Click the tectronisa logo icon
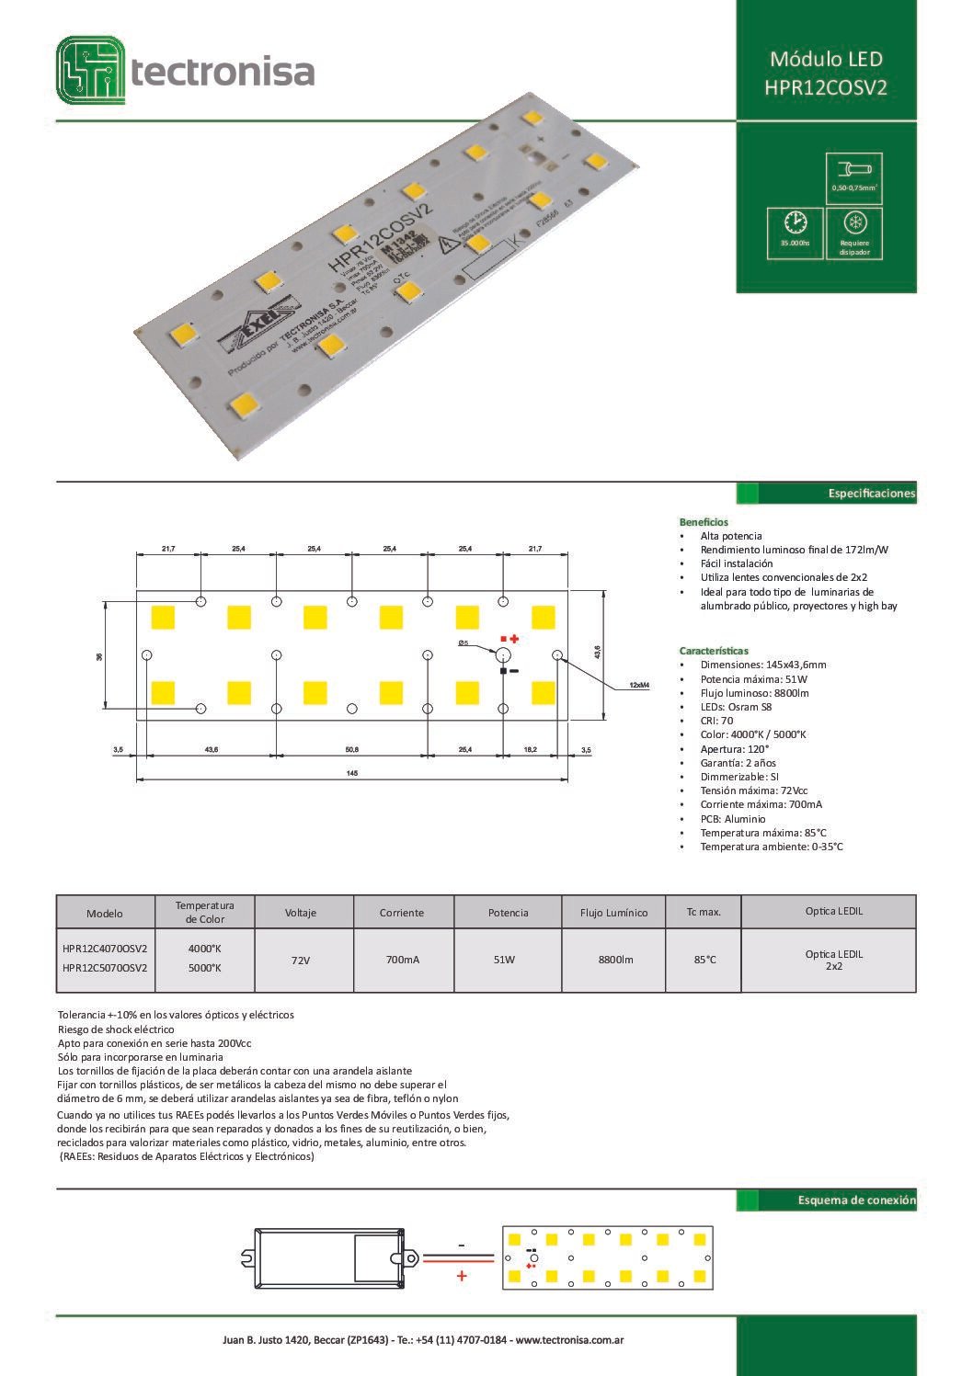(x=90, y=70)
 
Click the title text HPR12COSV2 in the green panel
(x=825, y=88)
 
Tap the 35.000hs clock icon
(x=796, y=223)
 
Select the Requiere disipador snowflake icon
(x=854, y=223)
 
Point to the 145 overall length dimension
(x=351, y=772)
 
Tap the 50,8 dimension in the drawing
(x=351, y=750)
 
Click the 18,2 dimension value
(x=530, y=750)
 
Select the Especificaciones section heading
(x=871, y=494)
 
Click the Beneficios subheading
(x=703, y=521)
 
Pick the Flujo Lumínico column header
(x=613, y=913)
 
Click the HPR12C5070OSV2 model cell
(x=105, y=968)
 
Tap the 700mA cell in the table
(x=402, y=960)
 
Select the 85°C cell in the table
(x=704, y=960)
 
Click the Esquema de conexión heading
(x=856, y=1200)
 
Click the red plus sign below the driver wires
(x=462, y=1276)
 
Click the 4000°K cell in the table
(x=204, y=948)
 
